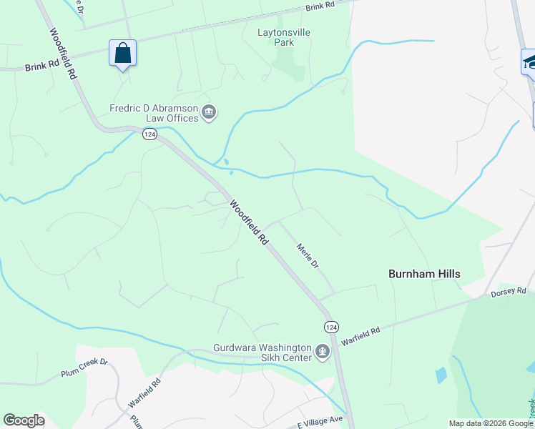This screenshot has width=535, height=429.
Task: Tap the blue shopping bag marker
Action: tap(122, 53)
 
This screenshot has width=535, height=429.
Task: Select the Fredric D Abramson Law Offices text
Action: tap(154, 113)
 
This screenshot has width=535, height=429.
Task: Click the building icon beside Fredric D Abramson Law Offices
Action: tap(210, 112)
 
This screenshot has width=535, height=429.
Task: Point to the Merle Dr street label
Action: tap(308, 255)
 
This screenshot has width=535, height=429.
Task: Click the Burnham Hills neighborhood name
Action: tap(424, 274)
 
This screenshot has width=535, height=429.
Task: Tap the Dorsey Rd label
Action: tap(508, 292)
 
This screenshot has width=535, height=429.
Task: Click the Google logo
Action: tap(24, 420)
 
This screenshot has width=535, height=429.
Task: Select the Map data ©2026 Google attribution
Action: tap(490, 423)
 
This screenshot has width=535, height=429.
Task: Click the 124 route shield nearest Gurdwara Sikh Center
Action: tap(330, 327)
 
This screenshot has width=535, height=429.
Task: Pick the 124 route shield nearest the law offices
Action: tap(149, 134)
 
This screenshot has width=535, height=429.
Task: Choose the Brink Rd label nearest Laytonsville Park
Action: tap(320, 6)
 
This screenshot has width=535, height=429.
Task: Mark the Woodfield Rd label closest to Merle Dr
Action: tap(249, 222)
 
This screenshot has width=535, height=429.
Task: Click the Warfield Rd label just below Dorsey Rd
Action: tap(361, 333)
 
